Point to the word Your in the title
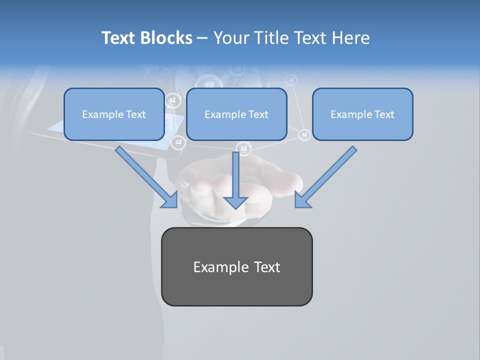click(230, 38)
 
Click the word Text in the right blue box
click(384, 114)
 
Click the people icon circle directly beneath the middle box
click(243, 148)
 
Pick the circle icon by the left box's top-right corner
click(172, 100)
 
